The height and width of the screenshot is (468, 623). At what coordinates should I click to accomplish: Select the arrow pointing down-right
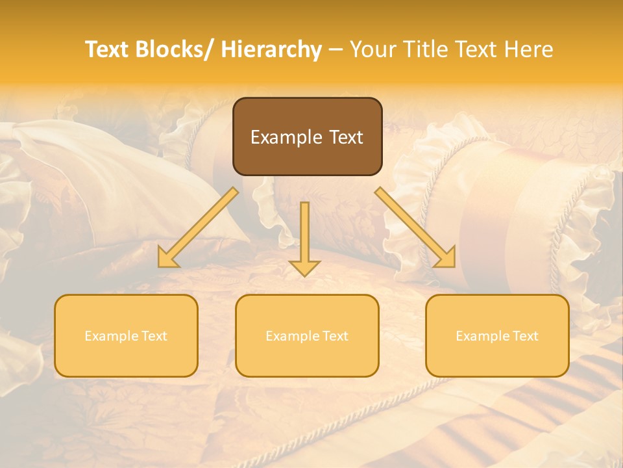tap(415, 227)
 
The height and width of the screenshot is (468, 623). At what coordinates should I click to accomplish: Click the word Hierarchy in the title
tap(271, 49)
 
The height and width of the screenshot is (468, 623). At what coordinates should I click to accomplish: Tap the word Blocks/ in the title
tap(174, 49)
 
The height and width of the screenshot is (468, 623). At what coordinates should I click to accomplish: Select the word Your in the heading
tap(372, 49)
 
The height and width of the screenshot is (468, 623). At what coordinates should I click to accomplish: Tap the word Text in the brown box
tap(347, 137)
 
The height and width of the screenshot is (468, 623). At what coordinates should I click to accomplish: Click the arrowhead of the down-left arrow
tap(167, 259)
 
